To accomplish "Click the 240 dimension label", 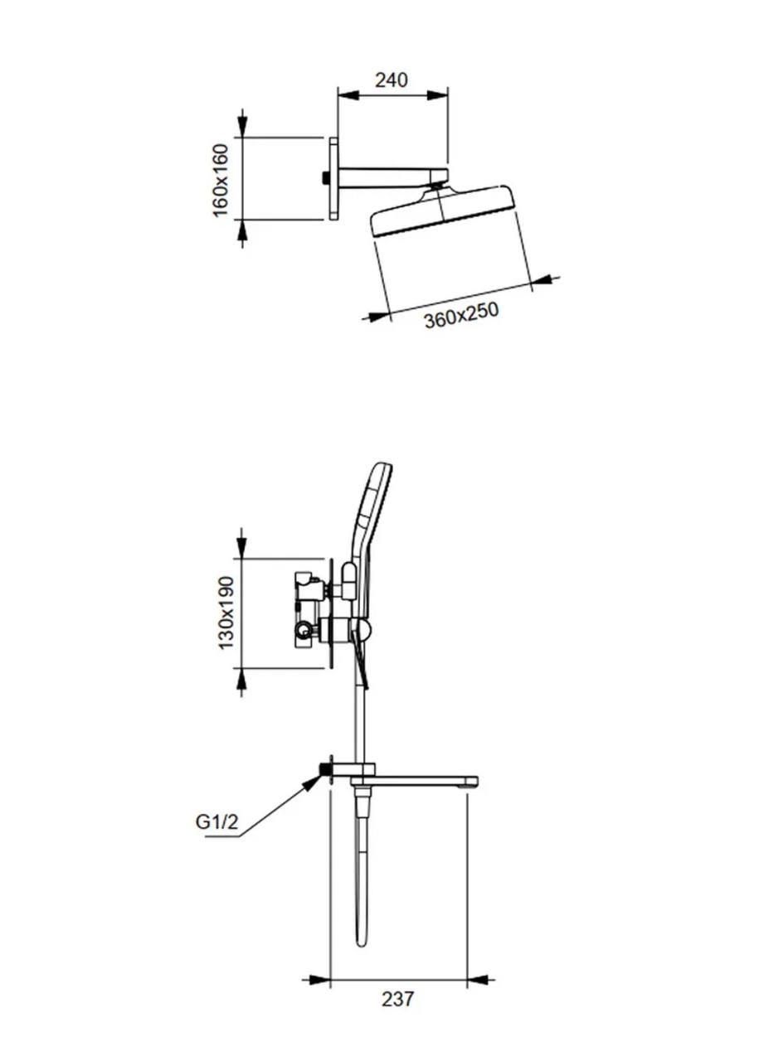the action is click(391, 80).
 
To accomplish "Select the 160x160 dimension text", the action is click(221, 181).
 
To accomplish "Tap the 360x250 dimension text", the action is click(461, 315).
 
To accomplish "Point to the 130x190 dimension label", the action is click(226, 613).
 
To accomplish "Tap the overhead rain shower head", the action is click(443, 211).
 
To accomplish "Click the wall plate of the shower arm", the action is click(333, 178).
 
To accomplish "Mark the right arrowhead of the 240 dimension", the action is click(437, 95).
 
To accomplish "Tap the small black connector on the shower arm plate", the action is click(325, 178).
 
